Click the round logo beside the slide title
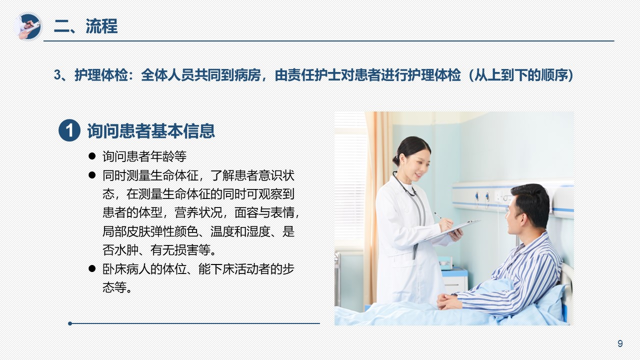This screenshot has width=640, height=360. click(x=27, y=26)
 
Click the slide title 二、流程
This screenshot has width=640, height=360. click(x=85, y=26)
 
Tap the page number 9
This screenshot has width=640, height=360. click(x=620, y=343)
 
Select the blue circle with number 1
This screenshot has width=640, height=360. click(x=69, y=130)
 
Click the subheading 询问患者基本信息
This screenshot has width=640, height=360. click(x=151, y=131)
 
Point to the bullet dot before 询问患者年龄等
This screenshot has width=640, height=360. click(x=92, y=156)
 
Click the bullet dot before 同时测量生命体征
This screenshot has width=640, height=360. click(x=92, y=175)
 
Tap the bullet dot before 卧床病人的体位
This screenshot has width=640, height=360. click(x=92, y=268)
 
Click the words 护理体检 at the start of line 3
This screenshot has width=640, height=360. click(x=101, y=75)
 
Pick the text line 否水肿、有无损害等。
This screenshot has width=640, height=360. click(x=160, y=250)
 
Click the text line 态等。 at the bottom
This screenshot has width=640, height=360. click(x=117, y=287)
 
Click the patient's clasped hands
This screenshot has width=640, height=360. click(x=449, y=301)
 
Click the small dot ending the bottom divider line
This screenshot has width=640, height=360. click(x=70, y=323)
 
